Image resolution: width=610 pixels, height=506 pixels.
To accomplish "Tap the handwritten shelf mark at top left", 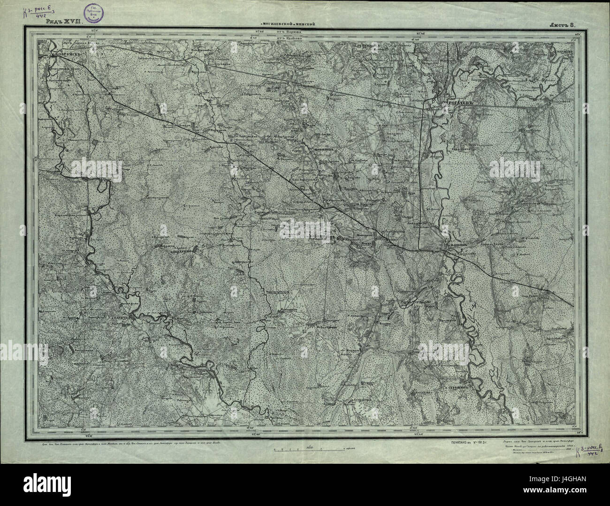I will tap(42, 12).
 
